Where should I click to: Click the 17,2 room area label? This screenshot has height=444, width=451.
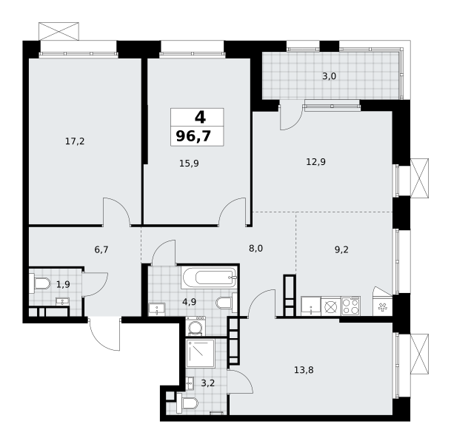(75, 141)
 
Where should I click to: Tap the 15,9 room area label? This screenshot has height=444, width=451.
(189, 164)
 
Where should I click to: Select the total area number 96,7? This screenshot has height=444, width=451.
(193, 136)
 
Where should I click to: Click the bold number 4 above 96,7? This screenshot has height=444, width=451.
(200, 117)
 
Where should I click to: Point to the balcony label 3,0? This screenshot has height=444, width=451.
(329, 76)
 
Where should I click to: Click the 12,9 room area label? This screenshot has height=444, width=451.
(315, 162)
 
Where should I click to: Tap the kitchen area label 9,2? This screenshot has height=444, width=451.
(341, 249)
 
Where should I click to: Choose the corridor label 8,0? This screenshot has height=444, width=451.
(255, 249)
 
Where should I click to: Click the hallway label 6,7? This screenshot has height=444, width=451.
(101, 249)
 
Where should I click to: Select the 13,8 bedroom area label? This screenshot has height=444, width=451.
(304, 370)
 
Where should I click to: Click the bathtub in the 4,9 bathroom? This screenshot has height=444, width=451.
(209, 277)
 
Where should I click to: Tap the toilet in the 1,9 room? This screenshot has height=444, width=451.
(40, 283)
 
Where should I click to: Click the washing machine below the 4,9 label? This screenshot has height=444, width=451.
(196, 326)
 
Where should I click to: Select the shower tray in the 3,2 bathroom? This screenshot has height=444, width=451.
(201, 353)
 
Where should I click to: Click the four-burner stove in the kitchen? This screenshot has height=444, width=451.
(350, 306)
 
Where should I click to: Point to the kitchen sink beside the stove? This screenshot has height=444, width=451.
(310, 306)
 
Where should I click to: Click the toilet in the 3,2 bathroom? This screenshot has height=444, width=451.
(187, 403)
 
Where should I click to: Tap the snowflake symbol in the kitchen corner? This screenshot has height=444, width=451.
(382, 308)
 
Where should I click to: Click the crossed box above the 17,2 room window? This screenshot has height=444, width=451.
(59, 31)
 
